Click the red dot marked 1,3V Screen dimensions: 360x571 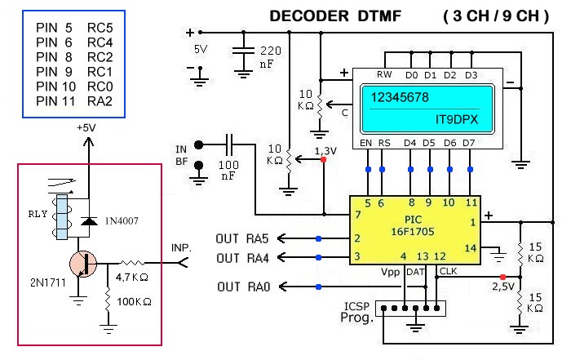tap(324, 159)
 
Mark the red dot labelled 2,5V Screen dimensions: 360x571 tap(502, 276)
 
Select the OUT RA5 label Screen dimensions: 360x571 tap(242, 238)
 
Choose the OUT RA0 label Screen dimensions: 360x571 tap(242, 287)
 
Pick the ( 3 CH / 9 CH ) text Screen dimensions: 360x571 tap(495, 16)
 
